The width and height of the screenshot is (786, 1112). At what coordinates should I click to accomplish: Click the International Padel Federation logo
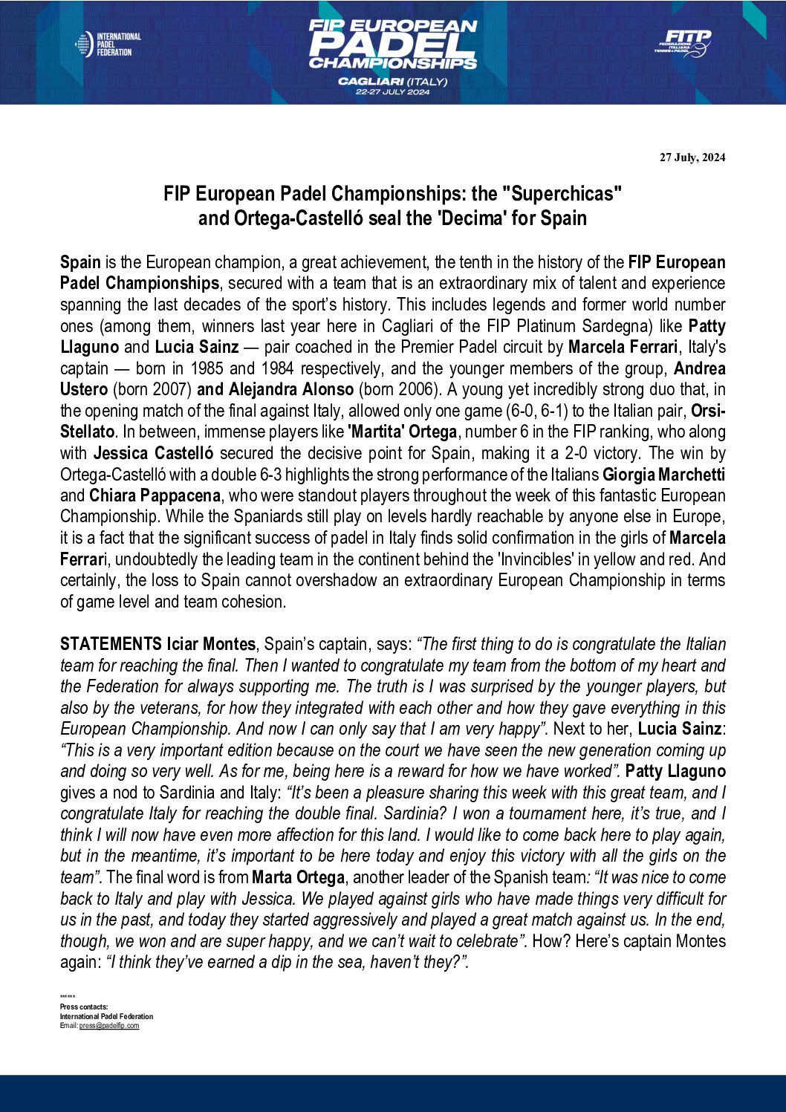(108, 45)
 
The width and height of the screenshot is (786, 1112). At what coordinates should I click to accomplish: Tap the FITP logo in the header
(683, 43)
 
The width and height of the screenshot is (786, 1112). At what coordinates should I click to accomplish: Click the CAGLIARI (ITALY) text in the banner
(392, 81)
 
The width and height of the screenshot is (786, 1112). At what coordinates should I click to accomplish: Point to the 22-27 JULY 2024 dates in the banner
(392, 92)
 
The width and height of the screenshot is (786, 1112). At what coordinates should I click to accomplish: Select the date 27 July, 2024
(692, 157)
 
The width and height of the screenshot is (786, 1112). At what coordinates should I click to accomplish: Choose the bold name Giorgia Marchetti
(663, 475)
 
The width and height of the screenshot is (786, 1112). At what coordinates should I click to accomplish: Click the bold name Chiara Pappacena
(155, 495)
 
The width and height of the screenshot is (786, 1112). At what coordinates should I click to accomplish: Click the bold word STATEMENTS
(111, 644)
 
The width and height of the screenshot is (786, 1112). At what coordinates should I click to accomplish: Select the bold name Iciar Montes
(211, 644)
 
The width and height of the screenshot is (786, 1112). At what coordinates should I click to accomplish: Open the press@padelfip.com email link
(109, 1026)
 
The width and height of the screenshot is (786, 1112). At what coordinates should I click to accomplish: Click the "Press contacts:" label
(84, 1007)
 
